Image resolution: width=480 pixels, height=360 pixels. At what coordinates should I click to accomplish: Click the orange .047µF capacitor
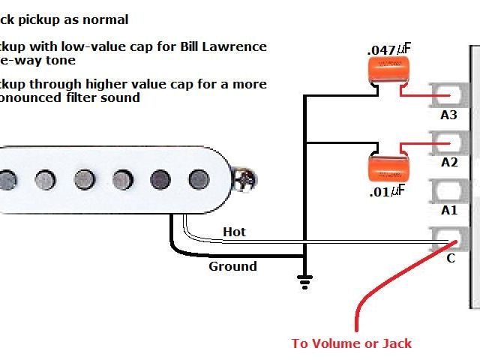[x=388, y=71]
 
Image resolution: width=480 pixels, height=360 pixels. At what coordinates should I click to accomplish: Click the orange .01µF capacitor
[x=388, y=166]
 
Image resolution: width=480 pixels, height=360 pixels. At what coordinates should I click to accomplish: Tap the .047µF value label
[x=389, y=49]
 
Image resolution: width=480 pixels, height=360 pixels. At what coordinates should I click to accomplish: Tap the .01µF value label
[x=387, y=190]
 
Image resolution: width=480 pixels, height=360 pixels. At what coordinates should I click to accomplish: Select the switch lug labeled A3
[x=448, y=95]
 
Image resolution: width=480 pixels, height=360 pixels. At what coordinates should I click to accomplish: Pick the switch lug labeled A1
[x=448, y=191]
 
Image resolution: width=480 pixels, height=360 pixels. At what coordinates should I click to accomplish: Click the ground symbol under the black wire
[x=304, y=281]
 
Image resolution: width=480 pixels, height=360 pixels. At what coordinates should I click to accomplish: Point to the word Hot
[x=234, y=232]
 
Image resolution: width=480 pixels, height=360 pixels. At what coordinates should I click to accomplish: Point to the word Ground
[x=232, y=266]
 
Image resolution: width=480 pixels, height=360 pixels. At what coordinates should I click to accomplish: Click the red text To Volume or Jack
[x=352, y=343]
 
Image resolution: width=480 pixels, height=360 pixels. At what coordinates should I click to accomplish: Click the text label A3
[x=448, y=115]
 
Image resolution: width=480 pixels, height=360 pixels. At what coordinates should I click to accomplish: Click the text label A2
[x=448, y=162]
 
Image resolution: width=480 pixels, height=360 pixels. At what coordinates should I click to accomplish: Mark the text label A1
[x=448, y=210]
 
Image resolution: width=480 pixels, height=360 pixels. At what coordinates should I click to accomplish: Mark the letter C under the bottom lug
[x=450, y=259]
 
